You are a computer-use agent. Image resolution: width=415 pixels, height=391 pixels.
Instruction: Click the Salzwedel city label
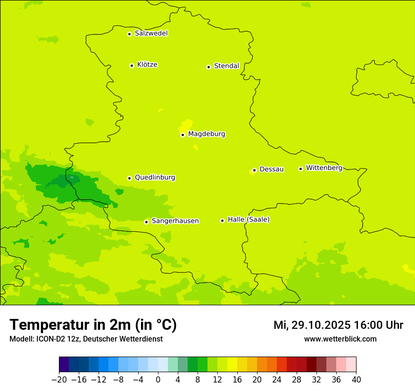pos(151,33)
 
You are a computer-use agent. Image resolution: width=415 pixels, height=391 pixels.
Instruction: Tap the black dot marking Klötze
pos(132,65)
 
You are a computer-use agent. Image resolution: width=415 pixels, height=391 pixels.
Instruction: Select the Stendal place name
pos(226,66)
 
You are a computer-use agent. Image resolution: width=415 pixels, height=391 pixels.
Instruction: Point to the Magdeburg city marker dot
pos(183,135)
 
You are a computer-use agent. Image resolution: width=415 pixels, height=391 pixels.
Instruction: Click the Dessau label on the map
pos(272,169)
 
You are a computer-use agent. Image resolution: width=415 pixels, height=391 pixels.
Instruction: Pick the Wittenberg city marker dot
pos(300,169)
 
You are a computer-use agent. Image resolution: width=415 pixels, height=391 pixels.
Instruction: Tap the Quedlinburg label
pos(155,178)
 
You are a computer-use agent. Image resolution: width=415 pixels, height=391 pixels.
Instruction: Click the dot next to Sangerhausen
pos(147,222)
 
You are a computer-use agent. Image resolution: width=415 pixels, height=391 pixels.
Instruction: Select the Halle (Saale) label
pos(249,220)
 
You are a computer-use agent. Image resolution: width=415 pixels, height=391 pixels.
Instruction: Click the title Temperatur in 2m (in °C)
pos(93,325)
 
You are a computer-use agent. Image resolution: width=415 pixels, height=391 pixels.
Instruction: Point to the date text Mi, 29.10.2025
pos(311,325)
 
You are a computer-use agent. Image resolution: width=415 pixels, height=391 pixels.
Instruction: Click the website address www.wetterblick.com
pos(340,339)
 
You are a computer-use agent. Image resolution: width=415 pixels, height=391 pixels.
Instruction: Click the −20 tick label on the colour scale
pos(59,380)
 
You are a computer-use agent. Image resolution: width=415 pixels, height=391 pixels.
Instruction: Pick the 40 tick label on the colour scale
pos(356,380)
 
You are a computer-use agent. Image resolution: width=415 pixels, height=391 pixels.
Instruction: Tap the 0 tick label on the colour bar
pos(158,380)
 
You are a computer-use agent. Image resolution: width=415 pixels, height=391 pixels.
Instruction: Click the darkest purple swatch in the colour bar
pos(64,365)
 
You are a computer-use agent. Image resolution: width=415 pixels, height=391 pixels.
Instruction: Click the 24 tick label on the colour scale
pos(277,380)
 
